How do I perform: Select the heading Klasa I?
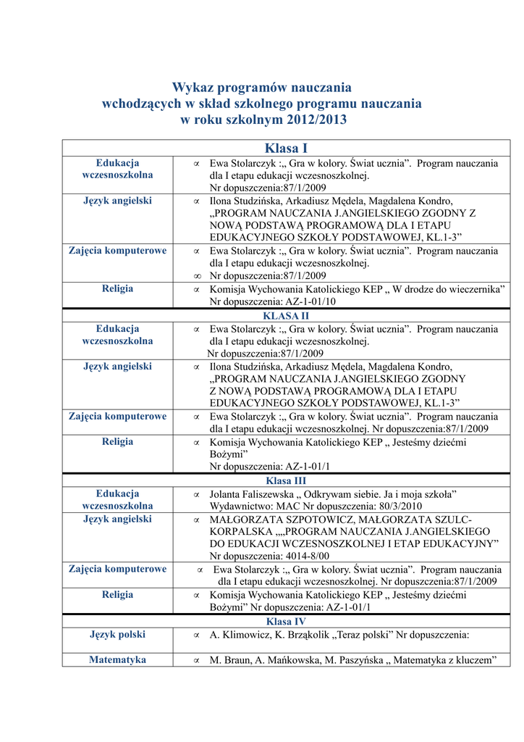pos(286,149)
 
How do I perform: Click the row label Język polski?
pos(117,635)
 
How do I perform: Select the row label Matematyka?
pos(117,660)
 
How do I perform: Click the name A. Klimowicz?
pos(238,635)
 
